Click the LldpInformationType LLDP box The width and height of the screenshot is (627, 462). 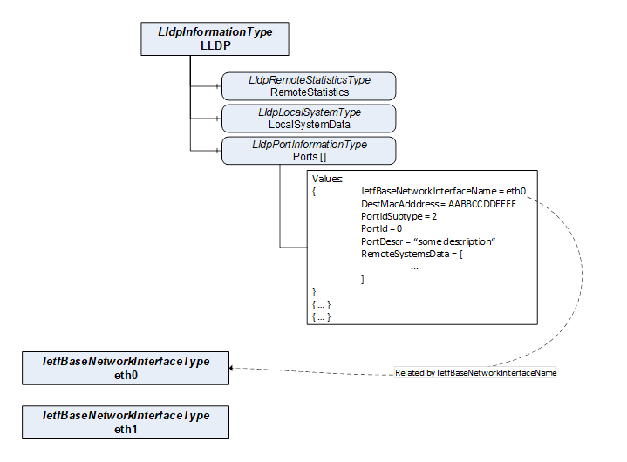coord(215,39)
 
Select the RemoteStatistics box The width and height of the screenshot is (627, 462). coord(309,86)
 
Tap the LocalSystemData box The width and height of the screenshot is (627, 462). coord(309,119)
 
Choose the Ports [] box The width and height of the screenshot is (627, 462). coord(309,151)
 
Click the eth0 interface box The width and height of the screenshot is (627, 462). coord(126,368)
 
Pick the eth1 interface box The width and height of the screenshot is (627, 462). coord(126,422)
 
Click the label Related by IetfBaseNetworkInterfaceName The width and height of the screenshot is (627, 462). coord(475,372)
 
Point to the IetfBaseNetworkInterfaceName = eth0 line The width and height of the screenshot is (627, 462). coord(444,190)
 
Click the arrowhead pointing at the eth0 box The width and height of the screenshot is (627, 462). coord(233,368)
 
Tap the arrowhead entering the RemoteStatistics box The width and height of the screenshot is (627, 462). coord(219,86)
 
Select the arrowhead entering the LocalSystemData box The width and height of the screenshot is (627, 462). coord(219,119)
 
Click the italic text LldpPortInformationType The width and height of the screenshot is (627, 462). coord(309,145)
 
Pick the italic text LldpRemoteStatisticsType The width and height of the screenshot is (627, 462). coord(309,80)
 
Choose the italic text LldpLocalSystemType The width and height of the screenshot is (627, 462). coord(309,112)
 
